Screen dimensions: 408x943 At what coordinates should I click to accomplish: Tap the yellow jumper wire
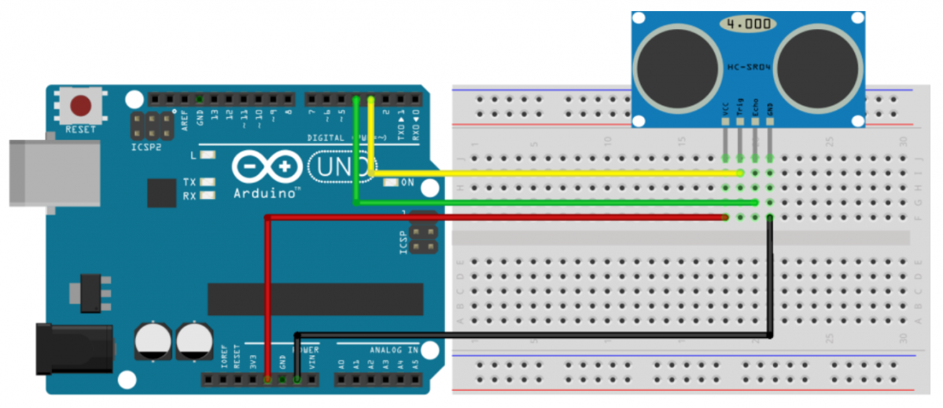551,173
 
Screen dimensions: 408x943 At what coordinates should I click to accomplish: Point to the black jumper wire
535,336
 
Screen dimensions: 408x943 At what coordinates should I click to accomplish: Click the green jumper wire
551,203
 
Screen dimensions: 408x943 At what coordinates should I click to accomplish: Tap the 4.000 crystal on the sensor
748,24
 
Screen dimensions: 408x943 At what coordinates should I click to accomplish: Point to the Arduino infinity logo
267,166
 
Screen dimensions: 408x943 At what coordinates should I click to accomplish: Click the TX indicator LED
208,182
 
